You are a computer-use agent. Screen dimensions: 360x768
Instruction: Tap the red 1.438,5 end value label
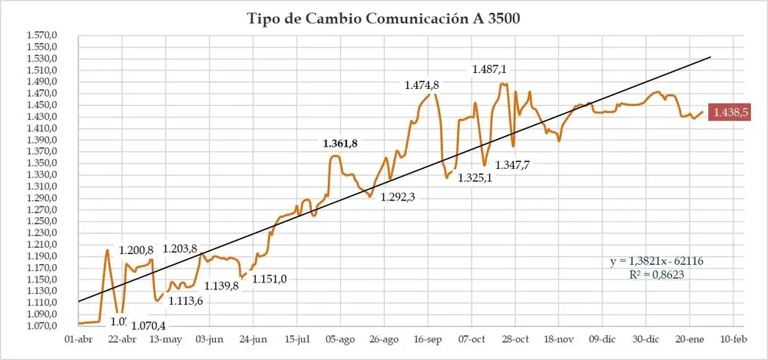730,112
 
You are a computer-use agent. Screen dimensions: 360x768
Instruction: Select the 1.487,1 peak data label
489,69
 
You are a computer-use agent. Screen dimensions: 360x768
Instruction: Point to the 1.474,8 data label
422,84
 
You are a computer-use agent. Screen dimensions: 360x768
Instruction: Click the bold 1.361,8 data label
340,144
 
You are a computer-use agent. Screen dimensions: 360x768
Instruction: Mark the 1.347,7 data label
512,165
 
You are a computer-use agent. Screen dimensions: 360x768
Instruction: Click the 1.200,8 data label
137,250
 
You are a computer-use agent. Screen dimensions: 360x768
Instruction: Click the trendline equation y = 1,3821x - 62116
657,261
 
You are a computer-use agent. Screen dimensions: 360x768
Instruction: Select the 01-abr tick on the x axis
80,339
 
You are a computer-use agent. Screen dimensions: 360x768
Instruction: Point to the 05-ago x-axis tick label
340,339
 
